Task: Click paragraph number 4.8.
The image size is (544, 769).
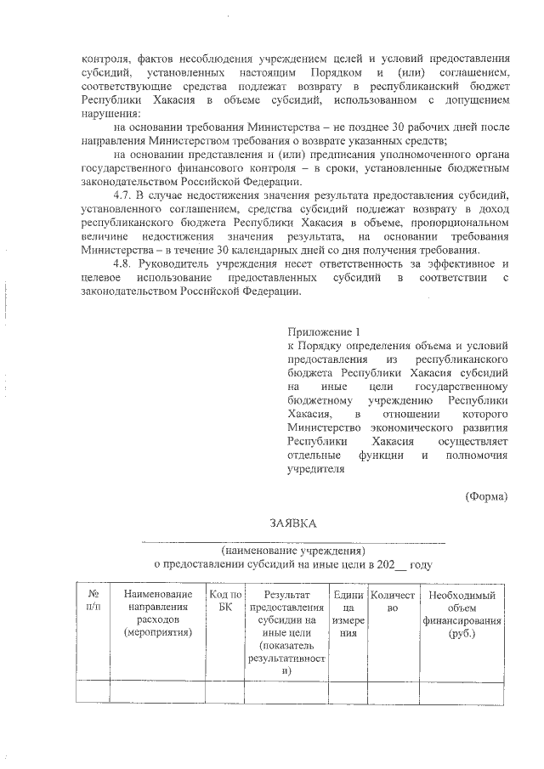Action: [124, 263]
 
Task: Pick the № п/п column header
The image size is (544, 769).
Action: [93, 602]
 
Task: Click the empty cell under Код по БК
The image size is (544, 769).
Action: [225, 693]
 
